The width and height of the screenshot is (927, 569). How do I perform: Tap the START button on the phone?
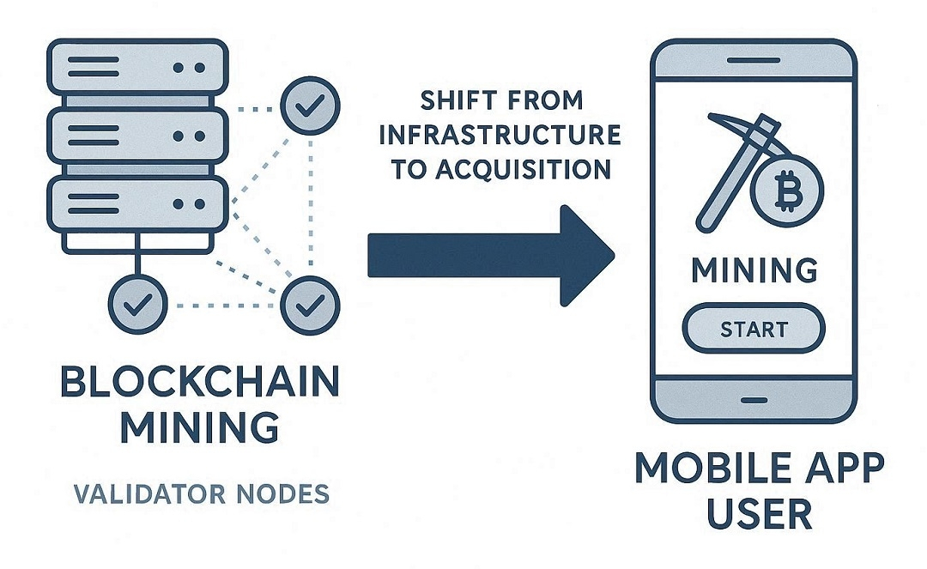coord(753,329)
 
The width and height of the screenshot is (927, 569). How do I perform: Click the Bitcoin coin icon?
coord(786,192)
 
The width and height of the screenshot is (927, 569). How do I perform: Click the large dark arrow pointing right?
coord(490,255)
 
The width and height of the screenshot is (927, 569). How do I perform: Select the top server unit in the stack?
coord(137,66)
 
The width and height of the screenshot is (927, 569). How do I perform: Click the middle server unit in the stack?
coord(137,136)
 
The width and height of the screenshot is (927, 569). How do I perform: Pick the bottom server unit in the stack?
coord(137,204)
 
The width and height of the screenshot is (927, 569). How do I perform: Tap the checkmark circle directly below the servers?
coord(137,302)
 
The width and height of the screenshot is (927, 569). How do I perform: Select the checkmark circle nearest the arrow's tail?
coord(310,302)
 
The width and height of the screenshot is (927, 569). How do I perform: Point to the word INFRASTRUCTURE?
coord(500,136)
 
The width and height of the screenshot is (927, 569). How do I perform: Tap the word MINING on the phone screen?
coord(754,270)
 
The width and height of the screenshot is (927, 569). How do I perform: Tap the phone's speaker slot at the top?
coord(753,61)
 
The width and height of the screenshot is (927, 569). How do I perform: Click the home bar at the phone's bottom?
coord(753,400)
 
